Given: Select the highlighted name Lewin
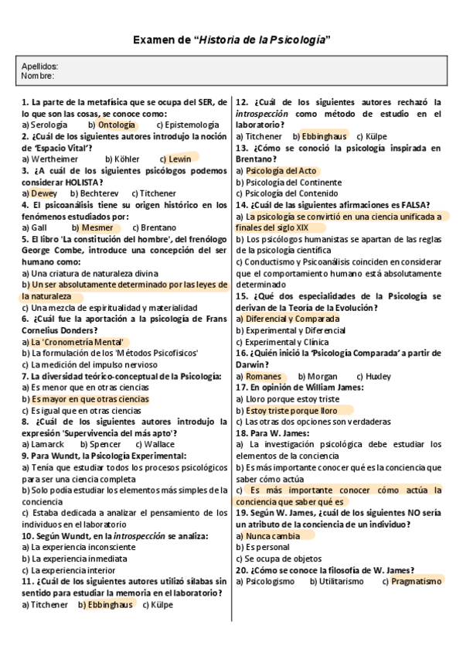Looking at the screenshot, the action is pyautogui.click(x=179, y=159).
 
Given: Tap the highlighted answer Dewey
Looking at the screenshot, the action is pyautogui.click(x=43, y=193).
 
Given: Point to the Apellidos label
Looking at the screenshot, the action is pyautogui.click(x=39, y=67).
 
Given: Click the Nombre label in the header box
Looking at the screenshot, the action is pyautogui.click(x=38, y=76).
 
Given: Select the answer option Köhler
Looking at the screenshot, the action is pyautogui.click(x=128, y=159).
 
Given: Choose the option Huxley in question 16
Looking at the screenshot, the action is pyautogui.click(x=379, y=377).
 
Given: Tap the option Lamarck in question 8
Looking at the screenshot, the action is pyautogui.click(x=45, y=445).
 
